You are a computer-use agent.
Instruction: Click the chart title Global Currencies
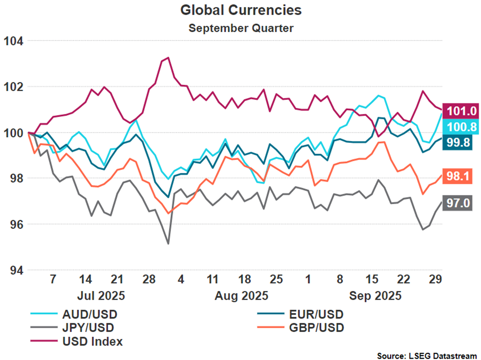point(241,10)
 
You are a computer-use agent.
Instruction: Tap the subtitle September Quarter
point(241,28)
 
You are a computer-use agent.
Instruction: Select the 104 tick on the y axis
point(13,41)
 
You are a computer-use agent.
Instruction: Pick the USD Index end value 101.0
point(462,111)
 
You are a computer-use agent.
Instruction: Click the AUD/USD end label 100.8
point(462,127)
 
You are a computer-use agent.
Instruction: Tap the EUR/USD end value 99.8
point(458,142)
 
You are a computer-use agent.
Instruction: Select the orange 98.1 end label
point(458,176)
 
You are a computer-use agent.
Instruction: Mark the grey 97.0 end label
point(458,203)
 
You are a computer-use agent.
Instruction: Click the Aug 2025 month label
point(241,296)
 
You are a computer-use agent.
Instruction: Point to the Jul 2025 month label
point(101,296)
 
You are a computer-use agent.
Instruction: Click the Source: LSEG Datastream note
point(427,356)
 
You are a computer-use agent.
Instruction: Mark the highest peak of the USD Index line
point(169,57)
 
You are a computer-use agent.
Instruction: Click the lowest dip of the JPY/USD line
point(168,244)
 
